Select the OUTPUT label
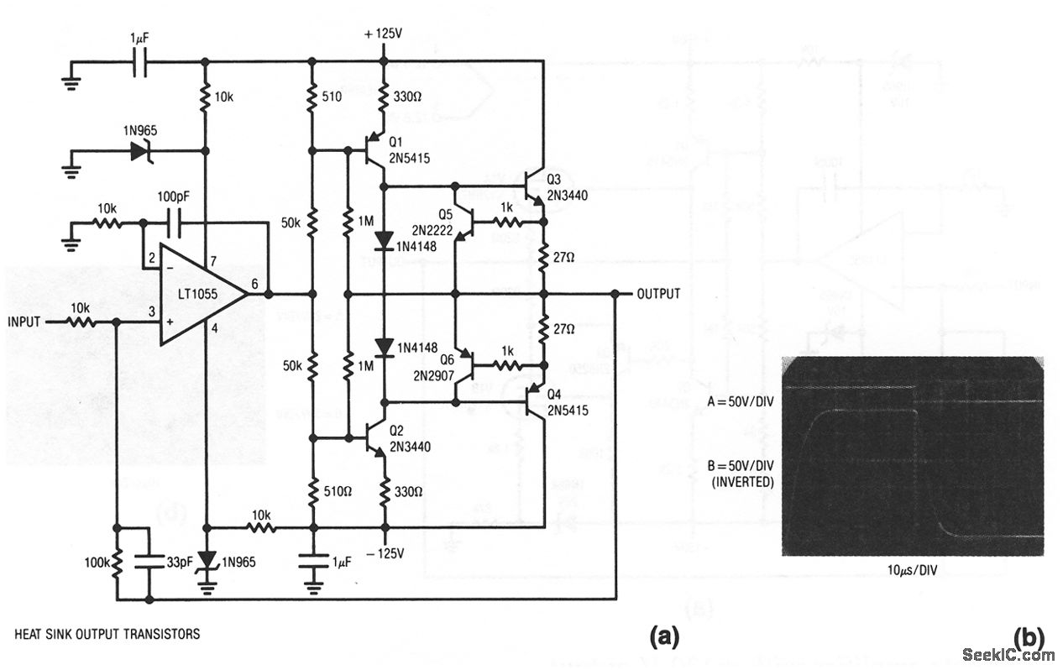point(658,294)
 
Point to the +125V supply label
point(384,34)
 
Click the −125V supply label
point(385,553)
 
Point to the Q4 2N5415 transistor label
point(570,402)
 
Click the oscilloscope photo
point(912,456)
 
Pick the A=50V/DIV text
point(738,401)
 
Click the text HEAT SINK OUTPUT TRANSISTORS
point(107,634)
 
